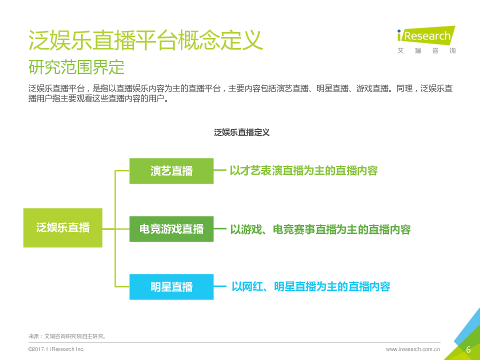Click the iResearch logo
(426, 40)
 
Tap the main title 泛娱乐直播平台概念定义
(145, 40)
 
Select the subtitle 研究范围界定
(76, 67)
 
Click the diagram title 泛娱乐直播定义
(241, 132)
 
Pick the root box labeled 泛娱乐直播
(63, 228)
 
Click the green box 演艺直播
(171, 171)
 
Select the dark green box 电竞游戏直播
(171, 229)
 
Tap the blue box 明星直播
(171, 287)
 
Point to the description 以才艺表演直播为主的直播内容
(303, 170)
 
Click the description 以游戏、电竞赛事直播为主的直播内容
(320, 229)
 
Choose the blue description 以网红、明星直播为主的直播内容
(310, 286)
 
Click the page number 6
(468, 349)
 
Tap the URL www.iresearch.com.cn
(412, 349)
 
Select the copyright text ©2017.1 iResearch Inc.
(56, 349)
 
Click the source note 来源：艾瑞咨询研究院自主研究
(67, 336)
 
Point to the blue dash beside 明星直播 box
(220, 286)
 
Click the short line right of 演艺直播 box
(220, 170)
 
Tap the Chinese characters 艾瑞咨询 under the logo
(426, 51)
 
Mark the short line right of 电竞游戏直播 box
(220, 228)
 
